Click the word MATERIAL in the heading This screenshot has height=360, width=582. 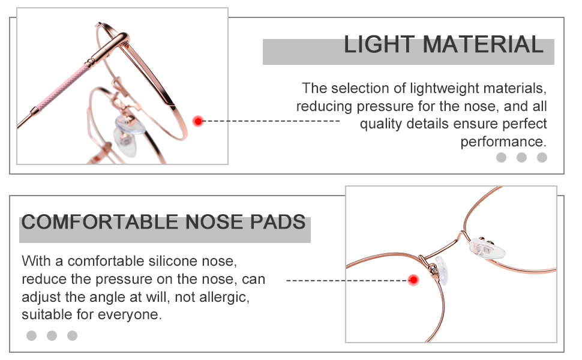[x=483, y=46]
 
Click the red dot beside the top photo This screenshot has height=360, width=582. [x=198, y=121]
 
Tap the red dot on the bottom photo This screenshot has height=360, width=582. [x=413, y=280]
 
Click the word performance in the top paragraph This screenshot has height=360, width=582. [x=503, y=142]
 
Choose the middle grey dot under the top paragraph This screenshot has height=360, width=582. [x=521, y=158]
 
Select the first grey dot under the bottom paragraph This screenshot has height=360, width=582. [x=31, y=335]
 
